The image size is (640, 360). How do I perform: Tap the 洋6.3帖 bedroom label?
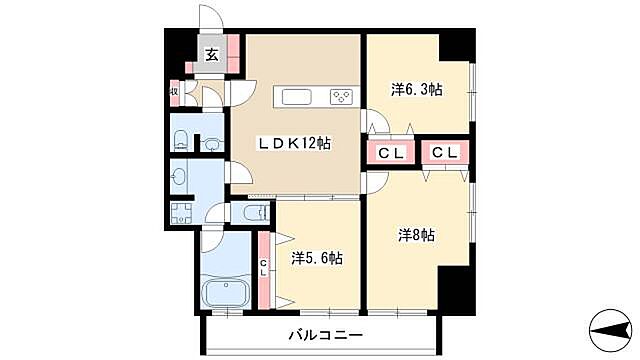coord(416,90)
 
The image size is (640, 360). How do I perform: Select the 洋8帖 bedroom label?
coord(416,236)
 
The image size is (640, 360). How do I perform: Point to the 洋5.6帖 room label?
coord(317,258)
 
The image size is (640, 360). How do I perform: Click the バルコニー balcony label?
coord(327,334)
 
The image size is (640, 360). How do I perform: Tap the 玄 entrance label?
coord(212,56)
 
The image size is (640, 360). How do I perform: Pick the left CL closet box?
coord(391,153)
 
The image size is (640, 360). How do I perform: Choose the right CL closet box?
coord(446,153)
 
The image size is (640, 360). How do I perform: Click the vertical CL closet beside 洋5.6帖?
coord(263,267)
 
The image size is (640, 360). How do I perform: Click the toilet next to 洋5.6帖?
coord(254,212)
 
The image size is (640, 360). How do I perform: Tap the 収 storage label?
coord(174,93)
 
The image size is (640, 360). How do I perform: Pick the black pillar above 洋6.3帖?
coord(456,46)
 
